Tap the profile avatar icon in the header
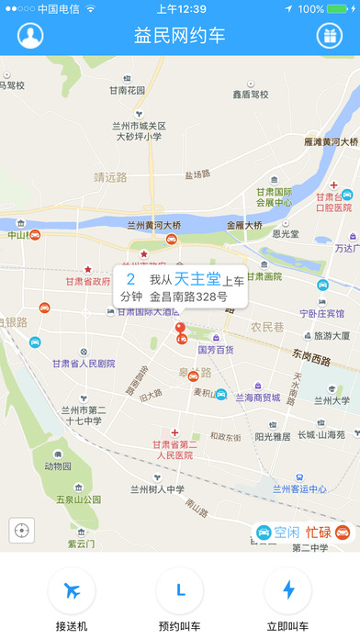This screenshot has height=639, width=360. click(x=30, y=36)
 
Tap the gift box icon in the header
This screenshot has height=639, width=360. click(x=328, y=36)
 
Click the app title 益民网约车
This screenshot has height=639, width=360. click(x=179, y=36)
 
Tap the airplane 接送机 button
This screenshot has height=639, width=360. click(x=71, y=590)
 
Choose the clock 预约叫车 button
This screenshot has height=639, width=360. click(x=179, y=590)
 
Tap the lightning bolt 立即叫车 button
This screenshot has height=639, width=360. click(x=287, y=590)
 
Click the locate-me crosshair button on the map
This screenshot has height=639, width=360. click(x=22, y=531)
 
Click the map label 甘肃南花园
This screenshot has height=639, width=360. click(x=128, y=90)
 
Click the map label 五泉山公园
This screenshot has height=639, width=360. click(x=76, y=500)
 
